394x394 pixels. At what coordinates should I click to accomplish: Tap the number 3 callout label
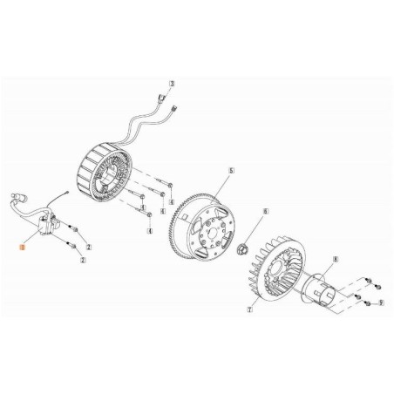173,85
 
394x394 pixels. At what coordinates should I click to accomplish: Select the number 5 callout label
230,171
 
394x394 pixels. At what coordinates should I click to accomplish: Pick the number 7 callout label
249,309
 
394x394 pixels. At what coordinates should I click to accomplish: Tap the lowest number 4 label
149,232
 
